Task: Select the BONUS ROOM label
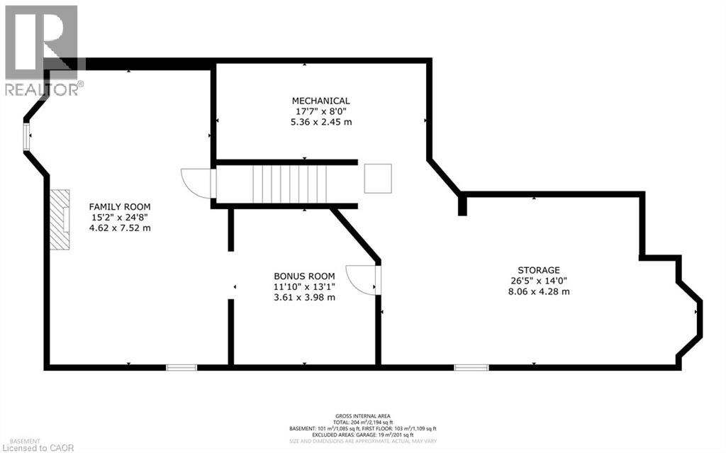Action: (304, 276)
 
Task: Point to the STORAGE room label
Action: (539, 270)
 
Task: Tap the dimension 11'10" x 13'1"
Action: (304, 286)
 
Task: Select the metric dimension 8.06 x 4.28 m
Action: (539, 291)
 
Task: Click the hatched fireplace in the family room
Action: (60, 219)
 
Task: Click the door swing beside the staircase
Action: (196, 183)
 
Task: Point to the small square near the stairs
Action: (378, 179)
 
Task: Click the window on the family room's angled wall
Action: (26, 137)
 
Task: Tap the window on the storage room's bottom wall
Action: (471, 367)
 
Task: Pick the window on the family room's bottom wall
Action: (181, 367)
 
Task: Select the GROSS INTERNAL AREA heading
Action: (362, 416)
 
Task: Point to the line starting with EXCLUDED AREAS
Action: (362, 435)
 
